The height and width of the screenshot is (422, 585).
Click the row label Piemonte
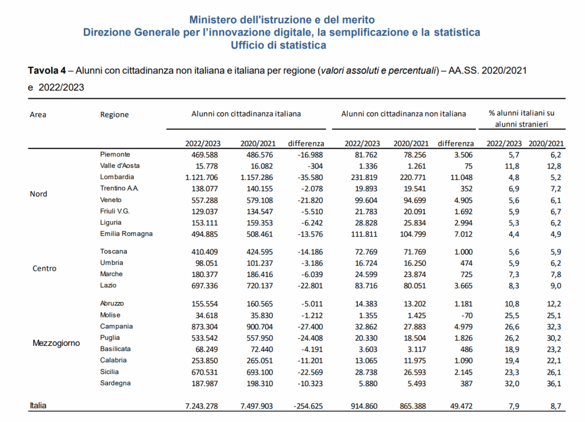click(115, 155)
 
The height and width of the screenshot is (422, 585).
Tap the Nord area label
click(38, 194)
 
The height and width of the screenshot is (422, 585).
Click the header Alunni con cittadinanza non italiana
click(403, 114)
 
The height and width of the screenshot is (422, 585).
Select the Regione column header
click(114, 114)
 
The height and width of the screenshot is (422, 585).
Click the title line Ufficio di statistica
click(279, 45)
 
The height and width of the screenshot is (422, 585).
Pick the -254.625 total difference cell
click(307, 406)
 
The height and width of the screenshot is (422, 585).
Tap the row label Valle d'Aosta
click(120, 166)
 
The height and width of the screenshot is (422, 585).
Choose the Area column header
click(38, 114)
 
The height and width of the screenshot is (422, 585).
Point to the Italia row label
click(38, 405)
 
